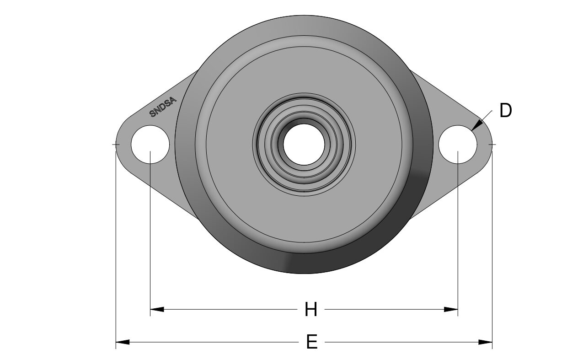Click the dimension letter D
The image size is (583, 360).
click(x=505, y=111)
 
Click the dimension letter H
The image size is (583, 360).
click(x=311, y=309)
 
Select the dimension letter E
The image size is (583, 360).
click(x=312, y=342)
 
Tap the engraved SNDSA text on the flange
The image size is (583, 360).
click(x=163, y=107)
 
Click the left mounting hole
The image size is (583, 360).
click(x=150, y=145)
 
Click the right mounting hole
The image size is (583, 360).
click(x=458, y=145)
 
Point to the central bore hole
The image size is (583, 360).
click(x=304, y=144)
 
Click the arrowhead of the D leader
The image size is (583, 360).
click(x=476, y=125)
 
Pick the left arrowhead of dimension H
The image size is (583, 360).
click(x=157, y=309)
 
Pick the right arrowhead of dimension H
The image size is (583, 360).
click(x=451, y=309)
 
